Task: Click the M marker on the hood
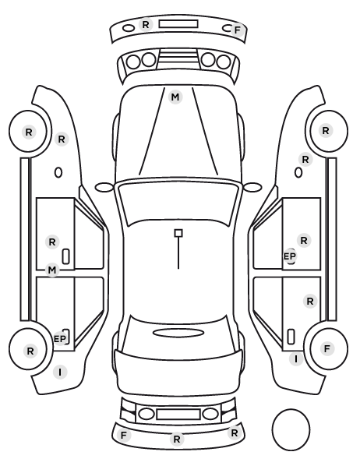(175, 97)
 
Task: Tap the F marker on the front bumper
(237, 30)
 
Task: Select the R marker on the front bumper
(146, 24)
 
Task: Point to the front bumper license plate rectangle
(178, 24)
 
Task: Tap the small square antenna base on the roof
(178, 233)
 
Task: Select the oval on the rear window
(178, 333)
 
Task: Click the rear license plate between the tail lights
(178, 414)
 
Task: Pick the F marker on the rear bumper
(124, 436)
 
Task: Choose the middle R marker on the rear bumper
(177, 439)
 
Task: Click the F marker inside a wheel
(327, 348)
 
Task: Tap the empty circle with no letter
(291, 429)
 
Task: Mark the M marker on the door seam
(52, 270)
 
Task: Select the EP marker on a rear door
(60, 339)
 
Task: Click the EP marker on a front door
(290, 256)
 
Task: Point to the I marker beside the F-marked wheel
(296, 359)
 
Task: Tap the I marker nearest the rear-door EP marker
(60, 372)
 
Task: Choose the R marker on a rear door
(310, 302)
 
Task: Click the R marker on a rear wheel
(30, 351)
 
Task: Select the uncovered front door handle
(66, 256)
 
